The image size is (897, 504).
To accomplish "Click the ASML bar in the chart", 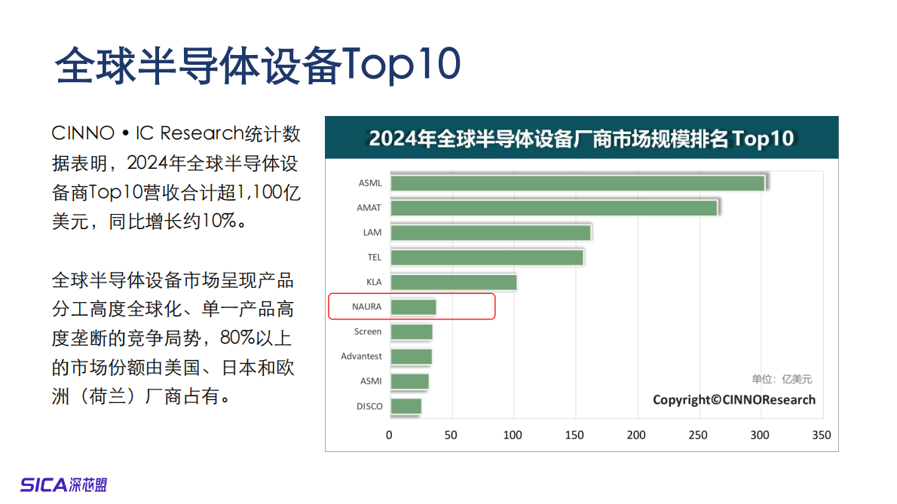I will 577,183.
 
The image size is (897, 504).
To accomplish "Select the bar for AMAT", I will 554,208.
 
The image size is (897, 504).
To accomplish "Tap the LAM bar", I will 491,233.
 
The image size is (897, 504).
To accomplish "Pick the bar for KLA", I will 454,283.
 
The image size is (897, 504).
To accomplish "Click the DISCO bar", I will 406,406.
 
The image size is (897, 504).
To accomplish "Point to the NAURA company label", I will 367,307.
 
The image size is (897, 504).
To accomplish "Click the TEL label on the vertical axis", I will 375,257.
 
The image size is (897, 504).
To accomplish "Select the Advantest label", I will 362,356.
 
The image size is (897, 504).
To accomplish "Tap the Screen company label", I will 368,331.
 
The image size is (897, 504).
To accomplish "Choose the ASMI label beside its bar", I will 371,381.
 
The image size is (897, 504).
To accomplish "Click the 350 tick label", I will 822,435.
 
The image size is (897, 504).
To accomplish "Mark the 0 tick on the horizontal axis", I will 390,435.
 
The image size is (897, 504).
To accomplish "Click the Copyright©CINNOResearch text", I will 733,400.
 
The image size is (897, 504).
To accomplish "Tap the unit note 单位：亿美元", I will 782,380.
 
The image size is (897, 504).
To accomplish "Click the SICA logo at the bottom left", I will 64,484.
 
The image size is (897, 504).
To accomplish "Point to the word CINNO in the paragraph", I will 81,134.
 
